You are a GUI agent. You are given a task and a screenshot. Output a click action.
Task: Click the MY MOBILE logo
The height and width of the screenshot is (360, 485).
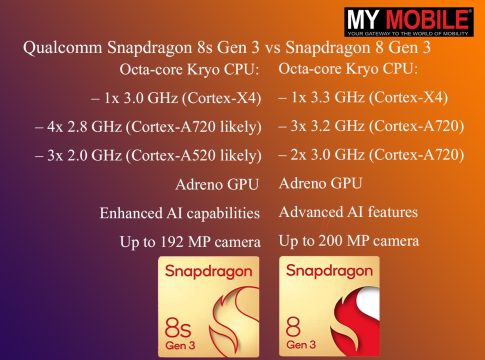tap(409, 22)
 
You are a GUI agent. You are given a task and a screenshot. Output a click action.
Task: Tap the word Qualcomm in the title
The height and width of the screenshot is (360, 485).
tap(63, 48)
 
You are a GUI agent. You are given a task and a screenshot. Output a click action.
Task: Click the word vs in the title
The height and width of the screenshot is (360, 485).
tap(272, 48)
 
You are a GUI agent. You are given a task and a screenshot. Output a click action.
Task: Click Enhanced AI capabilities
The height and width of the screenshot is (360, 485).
tap(180, 213)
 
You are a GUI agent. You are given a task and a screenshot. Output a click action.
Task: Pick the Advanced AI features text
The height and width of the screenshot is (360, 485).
tap(348, 212)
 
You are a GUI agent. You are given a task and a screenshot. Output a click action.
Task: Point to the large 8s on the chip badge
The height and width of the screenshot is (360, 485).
tap(178, 327)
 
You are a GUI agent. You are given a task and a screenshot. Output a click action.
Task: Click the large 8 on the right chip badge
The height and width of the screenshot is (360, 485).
tap(293, 327)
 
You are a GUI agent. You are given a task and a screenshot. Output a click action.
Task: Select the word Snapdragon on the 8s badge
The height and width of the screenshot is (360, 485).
tap(209, 272)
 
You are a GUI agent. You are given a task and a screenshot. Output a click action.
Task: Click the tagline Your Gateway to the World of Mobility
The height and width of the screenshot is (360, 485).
tap(409, 34)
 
